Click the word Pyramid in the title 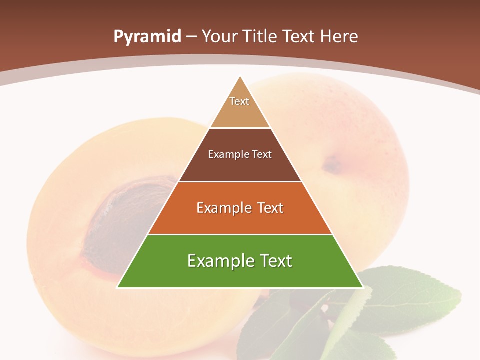[x=147, y=37]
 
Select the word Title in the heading [x=261, y=37]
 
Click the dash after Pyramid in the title [x=191, y=37]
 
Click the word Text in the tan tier [x=239, y=101]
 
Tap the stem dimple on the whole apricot [x=331, y=164]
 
